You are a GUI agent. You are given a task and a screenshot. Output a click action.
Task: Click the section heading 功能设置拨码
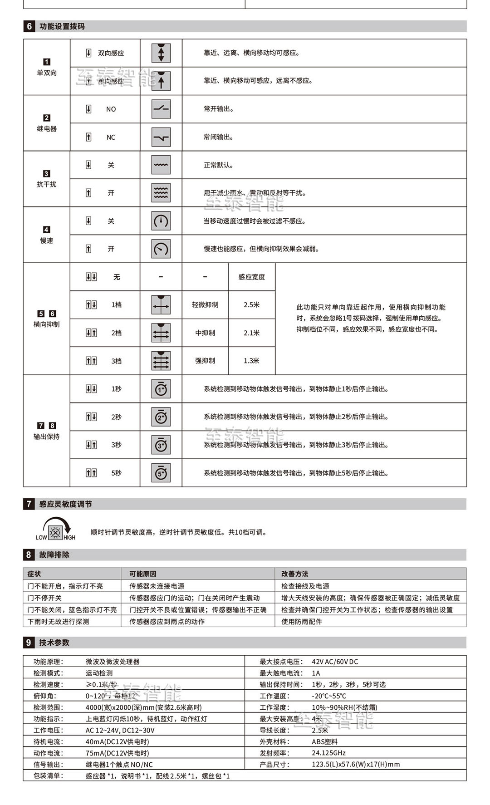click(x=62, y=26)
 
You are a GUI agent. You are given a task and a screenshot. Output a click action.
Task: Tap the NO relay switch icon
click(x=161, y=109)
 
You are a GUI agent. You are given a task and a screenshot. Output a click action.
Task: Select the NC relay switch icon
click(x=161, y=137)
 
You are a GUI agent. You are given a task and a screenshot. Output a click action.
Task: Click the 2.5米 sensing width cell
click(x=251, y=305)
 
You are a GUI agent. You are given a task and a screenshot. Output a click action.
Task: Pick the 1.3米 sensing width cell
click(x=251, y=361)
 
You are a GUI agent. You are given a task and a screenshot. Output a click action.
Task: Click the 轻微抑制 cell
click(x=205, y=305)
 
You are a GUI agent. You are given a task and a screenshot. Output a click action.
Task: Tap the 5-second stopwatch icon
click(x=161, y=473)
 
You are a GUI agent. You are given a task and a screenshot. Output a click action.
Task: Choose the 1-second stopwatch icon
click(x=161, y=389)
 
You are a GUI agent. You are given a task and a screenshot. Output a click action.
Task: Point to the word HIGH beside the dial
click(x=69, y=538)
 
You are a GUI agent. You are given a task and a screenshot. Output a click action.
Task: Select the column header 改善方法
click(x=294, y=574)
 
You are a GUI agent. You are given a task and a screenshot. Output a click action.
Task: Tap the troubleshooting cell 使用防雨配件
click(x=301, y=622)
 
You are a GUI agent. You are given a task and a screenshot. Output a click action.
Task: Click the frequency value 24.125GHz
click(x=328, y=753)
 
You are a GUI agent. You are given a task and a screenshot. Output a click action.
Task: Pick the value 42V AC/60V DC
click(x=335, y=662)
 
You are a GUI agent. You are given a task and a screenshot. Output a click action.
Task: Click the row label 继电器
click(x=47, y=128)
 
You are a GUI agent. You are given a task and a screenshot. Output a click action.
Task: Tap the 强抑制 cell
click(x=205, y=361)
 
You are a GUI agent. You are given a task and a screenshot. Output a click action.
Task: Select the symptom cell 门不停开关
click(x=44, y=598)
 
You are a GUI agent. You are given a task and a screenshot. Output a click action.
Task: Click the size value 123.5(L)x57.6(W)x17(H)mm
click(x=356, y=764)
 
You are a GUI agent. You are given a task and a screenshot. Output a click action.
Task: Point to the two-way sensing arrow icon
click(x=161, y=53)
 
